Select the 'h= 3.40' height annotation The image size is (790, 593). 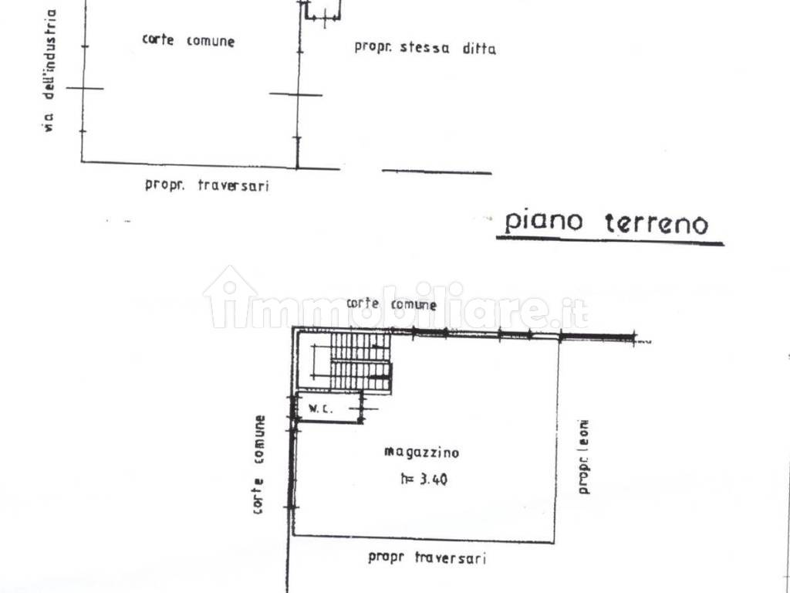pyautogui.click(x=424, y=479)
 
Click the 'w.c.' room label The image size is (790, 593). pyautogui.click(x=320, y=408)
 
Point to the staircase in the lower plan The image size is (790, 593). pyautogui.click(x=359, y=361)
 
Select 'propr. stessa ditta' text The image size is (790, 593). pyautogui.click(x=424, y=47)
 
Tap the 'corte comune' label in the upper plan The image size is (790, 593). pyautogui.click(x=188, y=40)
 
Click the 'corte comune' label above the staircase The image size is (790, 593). pyautogui.click(x=391, y=303)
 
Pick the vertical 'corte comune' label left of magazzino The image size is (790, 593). pyautogui.click(x=258, y=464)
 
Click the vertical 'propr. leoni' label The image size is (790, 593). pyautogui.click(x=585, y=456)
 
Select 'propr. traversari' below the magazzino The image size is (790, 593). pyautogui.click(x=427, y=557)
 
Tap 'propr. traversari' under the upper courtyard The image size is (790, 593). pyautogui.click(x=207, y=185)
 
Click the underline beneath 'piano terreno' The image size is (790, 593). pyautogui.click(x=609, y=241)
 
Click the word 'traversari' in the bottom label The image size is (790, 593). pyautogui.click(x=451, y=557)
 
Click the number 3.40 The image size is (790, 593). pyautogui.click(x=434, y=479)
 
